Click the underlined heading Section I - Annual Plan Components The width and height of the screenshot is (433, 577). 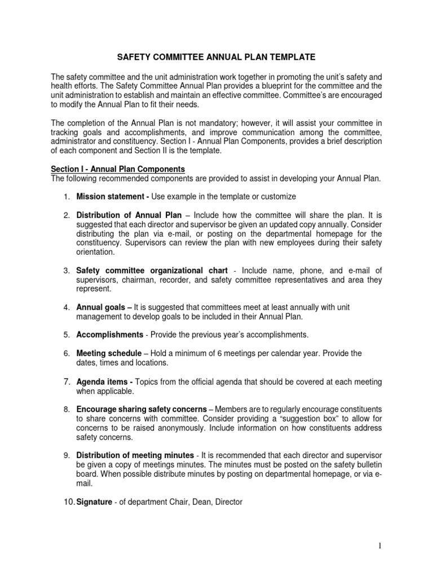pos(117,169)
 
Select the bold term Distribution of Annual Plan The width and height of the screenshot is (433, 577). pos(129,215)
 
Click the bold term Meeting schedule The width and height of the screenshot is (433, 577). pos(108,353)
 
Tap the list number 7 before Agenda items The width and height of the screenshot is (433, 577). pos(65,381)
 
